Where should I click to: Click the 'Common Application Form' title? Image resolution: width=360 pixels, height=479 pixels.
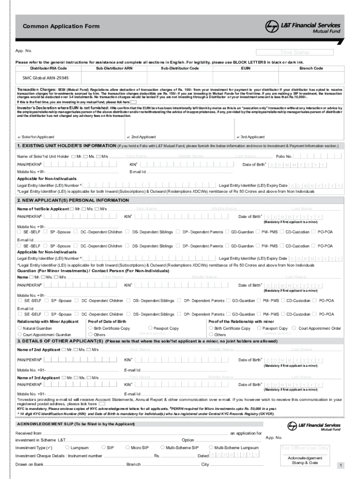click(x=61, y=27)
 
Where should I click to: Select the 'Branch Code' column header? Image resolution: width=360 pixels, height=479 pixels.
click(x=311, y=68)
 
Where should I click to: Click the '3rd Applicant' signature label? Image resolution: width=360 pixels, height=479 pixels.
click(x=252, y=137)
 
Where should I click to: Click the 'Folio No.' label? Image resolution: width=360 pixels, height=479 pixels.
click(x=284, y=156)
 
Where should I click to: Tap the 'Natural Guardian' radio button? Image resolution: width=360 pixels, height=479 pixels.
click(x=20, y=328)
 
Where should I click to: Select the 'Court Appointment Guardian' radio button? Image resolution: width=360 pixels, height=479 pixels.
click(x=20, y=335)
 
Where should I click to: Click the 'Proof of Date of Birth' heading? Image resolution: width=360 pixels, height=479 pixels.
click(x=107, y=322)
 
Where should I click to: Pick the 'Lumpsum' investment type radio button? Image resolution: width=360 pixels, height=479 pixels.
click(x=67, y=447)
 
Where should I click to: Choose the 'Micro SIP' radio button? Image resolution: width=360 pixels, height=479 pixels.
click(x=127, y=447)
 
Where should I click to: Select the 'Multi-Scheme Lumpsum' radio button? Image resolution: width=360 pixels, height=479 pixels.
click(x=211, y=447)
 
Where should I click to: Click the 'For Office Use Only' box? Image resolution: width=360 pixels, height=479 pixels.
click(x=305, y=448)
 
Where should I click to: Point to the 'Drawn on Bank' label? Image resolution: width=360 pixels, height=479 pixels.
click(x=29, y=464)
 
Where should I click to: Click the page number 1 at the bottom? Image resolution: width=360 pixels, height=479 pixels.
click(x=341, y=465)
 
